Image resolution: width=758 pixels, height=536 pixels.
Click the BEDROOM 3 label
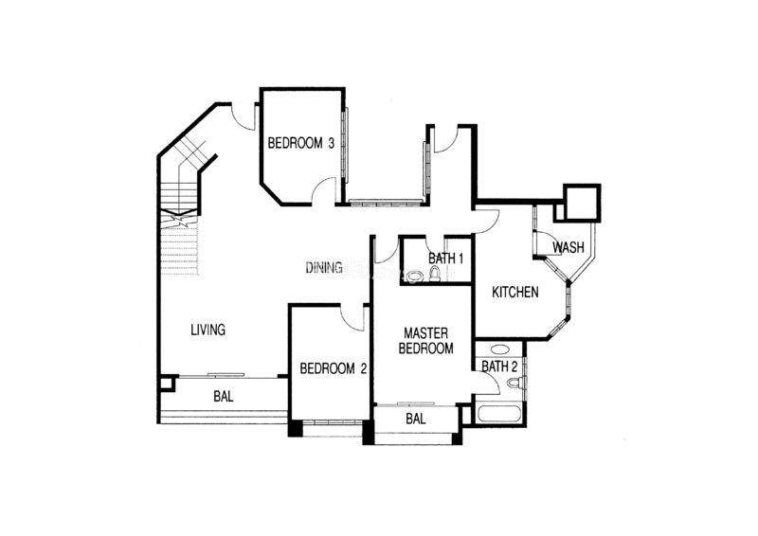click(x=300, y=143)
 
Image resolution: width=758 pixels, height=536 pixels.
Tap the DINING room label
click(x=324, y=267)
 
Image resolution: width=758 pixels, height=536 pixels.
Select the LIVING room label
click(x=208, y=330)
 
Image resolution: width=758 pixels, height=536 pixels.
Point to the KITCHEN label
click(x=514, y=292)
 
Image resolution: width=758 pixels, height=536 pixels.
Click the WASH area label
click(x=568, y=247)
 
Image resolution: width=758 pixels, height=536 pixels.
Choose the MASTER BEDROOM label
click(x=425, y=340)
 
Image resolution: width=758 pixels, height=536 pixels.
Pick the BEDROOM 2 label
click(x=334, y=368)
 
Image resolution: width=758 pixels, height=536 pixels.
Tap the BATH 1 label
click(x=445, y=259)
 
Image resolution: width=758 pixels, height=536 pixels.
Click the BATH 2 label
click(x=499, y=366)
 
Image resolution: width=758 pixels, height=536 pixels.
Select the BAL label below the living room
click(x=224, y=397)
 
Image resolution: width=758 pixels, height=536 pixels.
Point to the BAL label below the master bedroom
click(x=416, y=419)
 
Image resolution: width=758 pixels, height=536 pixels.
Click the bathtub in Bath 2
click(x=498, y=415)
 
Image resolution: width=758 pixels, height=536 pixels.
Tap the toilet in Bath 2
click(x=514, y=383)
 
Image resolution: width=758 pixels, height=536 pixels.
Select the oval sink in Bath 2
click(x=498, y=348)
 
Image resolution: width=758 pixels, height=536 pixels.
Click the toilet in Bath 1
click(x=435, y=274)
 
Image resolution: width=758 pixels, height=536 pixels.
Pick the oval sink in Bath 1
click(x=415, y=277)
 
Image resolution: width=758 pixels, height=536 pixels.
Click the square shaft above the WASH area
click(x=583, y=203)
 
